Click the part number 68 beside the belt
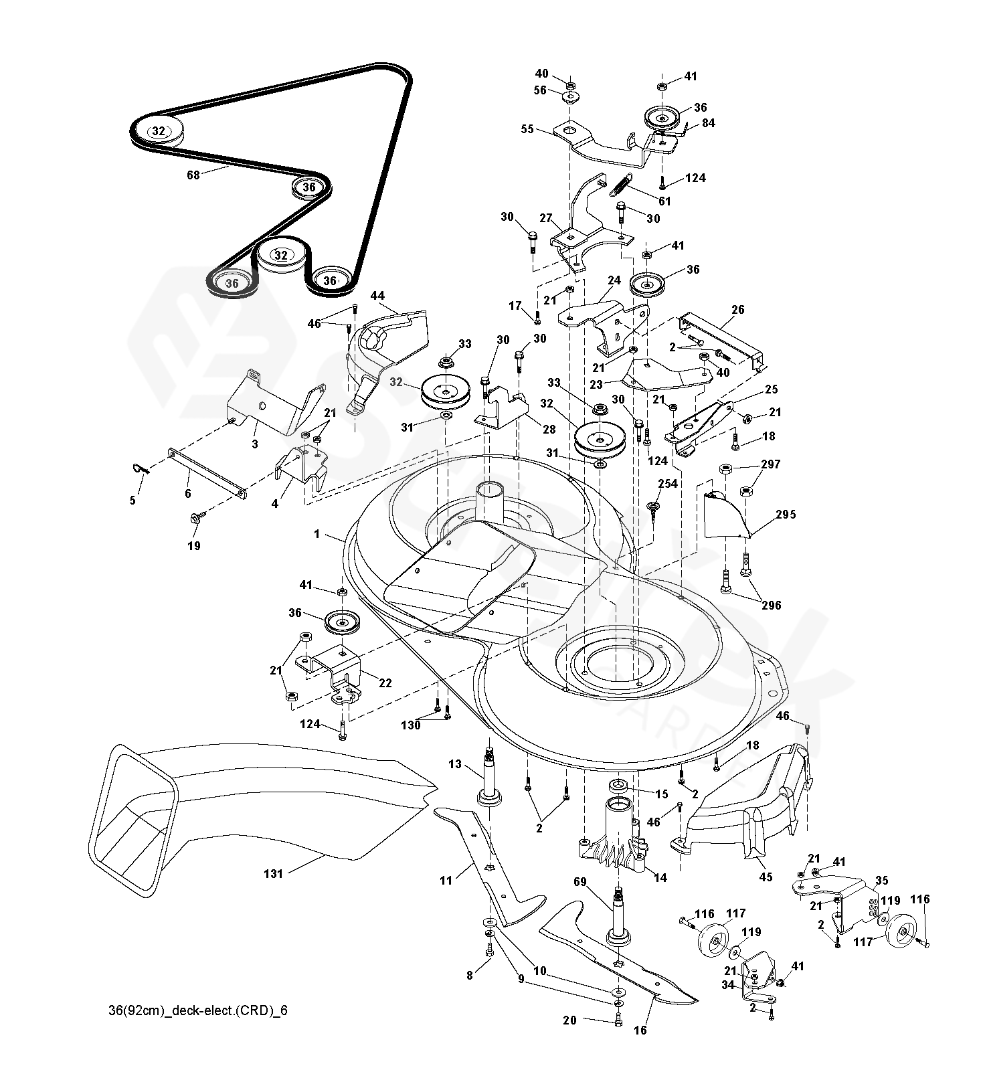click(193, 176)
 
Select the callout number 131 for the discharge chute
click(274, 873)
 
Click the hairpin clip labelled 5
click(142, 470)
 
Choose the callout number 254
click(667, 484)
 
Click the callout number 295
click(786, 515)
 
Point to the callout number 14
click(660, 877)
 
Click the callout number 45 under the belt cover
click(766, 877)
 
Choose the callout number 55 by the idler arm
click(527, 129)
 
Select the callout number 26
click(737, 310)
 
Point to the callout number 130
click(411, 725)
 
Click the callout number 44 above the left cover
click(377, 295)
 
